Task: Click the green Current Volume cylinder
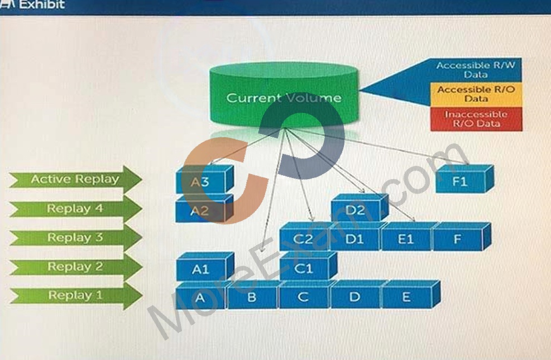click(284, 94)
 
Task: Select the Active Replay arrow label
click(75, 180)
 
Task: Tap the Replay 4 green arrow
click(75, 209)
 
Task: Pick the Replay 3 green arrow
click(75, 238)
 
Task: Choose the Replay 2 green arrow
click(75, 267)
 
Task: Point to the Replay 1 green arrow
click(75, 296)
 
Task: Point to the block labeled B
click(253, 295)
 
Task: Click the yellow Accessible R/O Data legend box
click(476, 94)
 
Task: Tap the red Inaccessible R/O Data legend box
click(476, 119)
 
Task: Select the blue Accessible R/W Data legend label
click(476, 70)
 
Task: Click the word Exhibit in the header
click(42, 4)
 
